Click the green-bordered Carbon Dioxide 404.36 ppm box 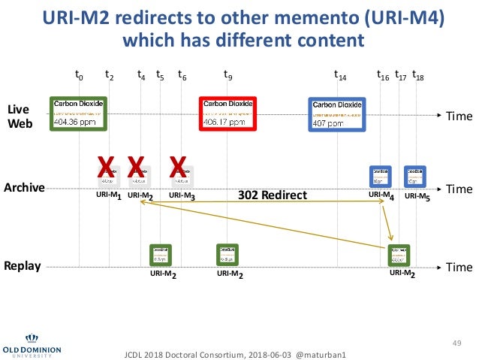coord(79,113)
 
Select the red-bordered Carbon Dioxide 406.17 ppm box coord(227,113)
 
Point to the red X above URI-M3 coord(178,167)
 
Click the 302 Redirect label coord(273,195)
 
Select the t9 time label coord(228,75)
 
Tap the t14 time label coord(340,75)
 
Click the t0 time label coord(79,75)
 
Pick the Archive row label coord(26,187)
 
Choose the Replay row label coord(25,266)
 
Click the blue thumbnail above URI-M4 coord(381,176)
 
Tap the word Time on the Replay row coord(459,267)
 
